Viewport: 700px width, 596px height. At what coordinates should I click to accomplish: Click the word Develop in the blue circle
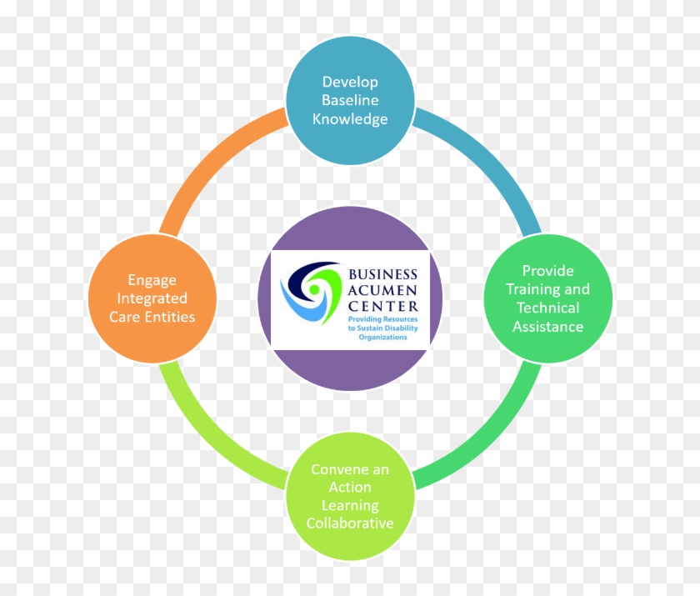pos(350,83)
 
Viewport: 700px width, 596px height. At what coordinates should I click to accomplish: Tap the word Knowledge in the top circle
pos(350,119)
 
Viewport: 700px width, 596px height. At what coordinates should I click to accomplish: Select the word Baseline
pos(350,100)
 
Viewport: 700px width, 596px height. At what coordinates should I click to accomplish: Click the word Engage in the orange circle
pos(152,281)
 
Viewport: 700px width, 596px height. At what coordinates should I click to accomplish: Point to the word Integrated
pos(152,298)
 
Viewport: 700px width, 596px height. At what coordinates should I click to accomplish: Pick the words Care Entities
pos(152,317)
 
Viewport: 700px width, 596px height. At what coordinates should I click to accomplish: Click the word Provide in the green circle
pos(548,271)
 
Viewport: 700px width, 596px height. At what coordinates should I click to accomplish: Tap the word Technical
pos(548,308)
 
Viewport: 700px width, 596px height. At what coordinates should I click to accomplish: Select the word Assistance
pos(548,327)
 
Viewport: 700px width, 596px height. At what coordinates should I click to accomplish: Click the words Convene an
pos(350,469)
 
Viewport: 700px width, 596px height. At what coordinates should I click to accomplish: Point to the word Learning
pos(350,506)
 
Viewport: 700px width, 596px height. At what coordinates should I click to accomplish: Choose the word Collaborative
pos(350,523)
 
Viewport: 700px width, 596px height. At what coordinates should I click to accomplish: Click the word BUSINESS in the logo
pos(383,274)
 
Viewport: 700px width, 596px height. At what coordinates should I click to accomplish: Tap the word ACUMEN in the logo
pos(383,290)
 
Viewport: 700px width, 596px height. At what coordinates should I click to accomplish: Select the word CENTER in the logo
pos(383,306)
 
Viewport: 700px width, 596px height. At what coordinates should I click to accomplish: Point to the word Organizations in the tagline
pos(383,337)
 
